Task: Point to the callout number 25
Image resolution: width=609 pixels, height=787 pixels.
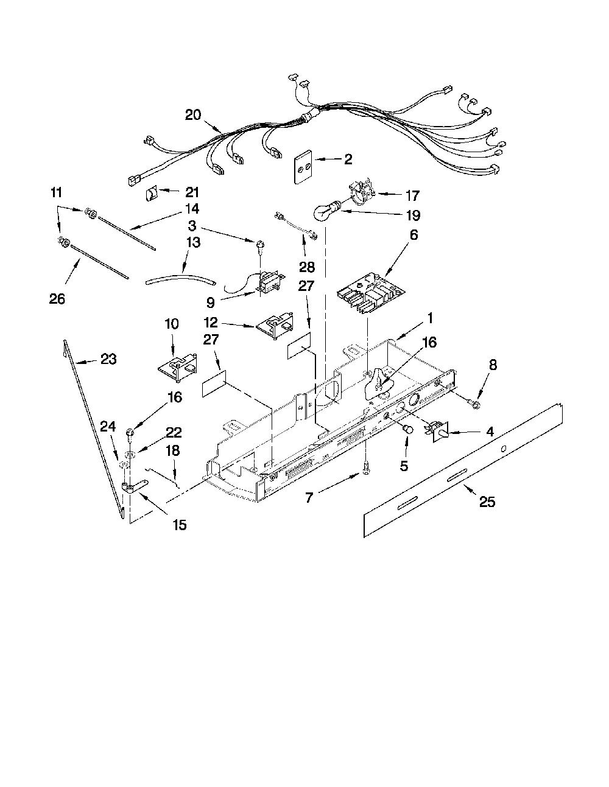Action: click(x=487, y=502)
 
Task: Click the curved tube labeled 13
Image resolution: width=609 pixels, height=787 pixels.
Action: click(x=180, y=280)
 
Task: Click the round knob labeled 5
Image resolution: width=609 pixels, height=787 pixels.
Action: click(x=407, y=430)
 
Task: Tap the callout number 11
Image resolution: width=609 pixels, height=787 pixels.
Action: click(x=56, y=192)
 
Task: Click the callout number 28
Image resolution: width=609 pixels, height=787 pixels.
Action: click(x=306, y=267)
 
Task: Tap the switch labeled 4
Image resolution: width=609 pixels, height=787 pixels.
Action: click(x=437, y=432)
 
